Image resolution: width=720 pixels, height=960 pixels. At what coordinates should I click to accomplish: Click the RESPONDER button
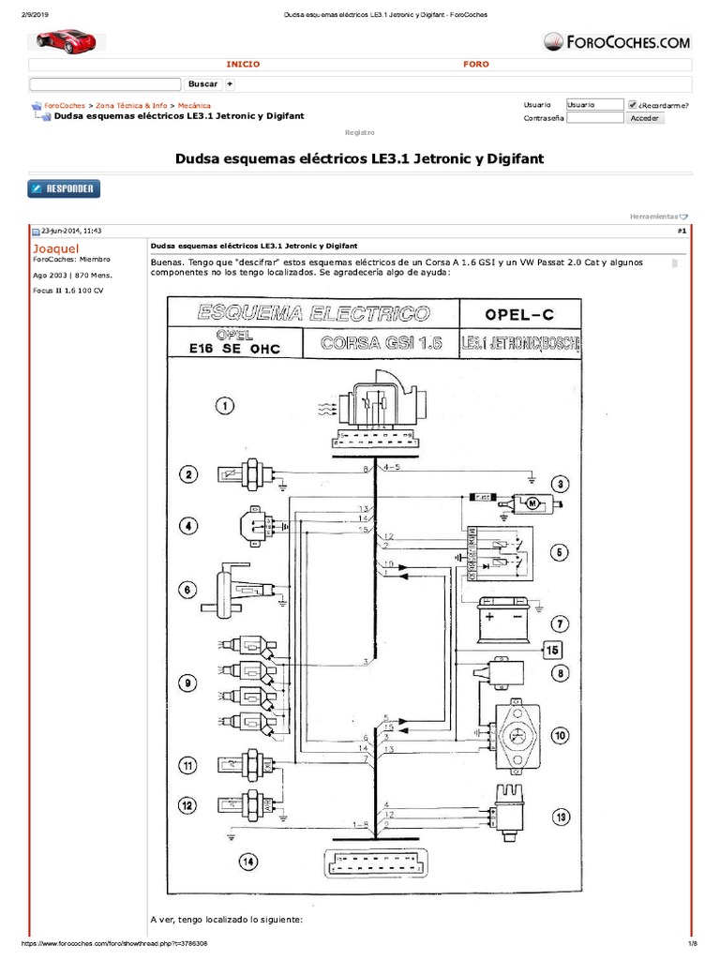point(64,188)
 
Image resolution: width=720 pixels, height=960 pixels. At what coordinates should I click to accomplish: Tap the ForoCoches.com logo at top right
point(617,41)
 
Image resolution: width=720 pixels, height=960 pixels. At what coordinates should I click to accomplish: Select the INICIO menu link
point(244,64)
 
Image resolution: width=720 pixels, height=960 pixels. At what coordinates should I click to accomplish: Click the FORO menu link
point(476,64)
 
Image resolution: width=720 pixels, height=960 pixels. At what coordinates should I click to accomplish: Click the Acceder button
point(644,118)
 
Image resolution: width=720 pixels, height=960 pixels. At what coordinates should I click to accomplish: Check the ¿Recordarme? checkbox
point(633,105)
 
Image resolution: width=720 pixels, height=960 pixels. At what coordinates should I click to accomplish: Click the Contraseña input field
point(595,118)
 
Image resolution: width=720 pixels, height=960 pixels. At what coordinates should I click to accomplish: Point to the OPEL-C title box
point(520,312)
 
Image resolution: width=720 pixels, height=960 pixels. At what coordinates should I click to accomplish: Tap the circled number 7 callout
point(560,623)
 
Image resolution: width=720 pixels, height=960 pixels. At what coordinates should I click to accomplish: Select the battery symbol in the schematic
point(506,619)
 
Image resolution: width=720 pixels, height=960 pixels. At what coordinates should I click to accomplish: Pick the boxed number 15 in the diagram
point(552,650)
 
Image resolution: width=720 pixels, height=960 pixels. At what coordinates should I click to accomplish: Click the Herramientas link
point(658,217)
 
